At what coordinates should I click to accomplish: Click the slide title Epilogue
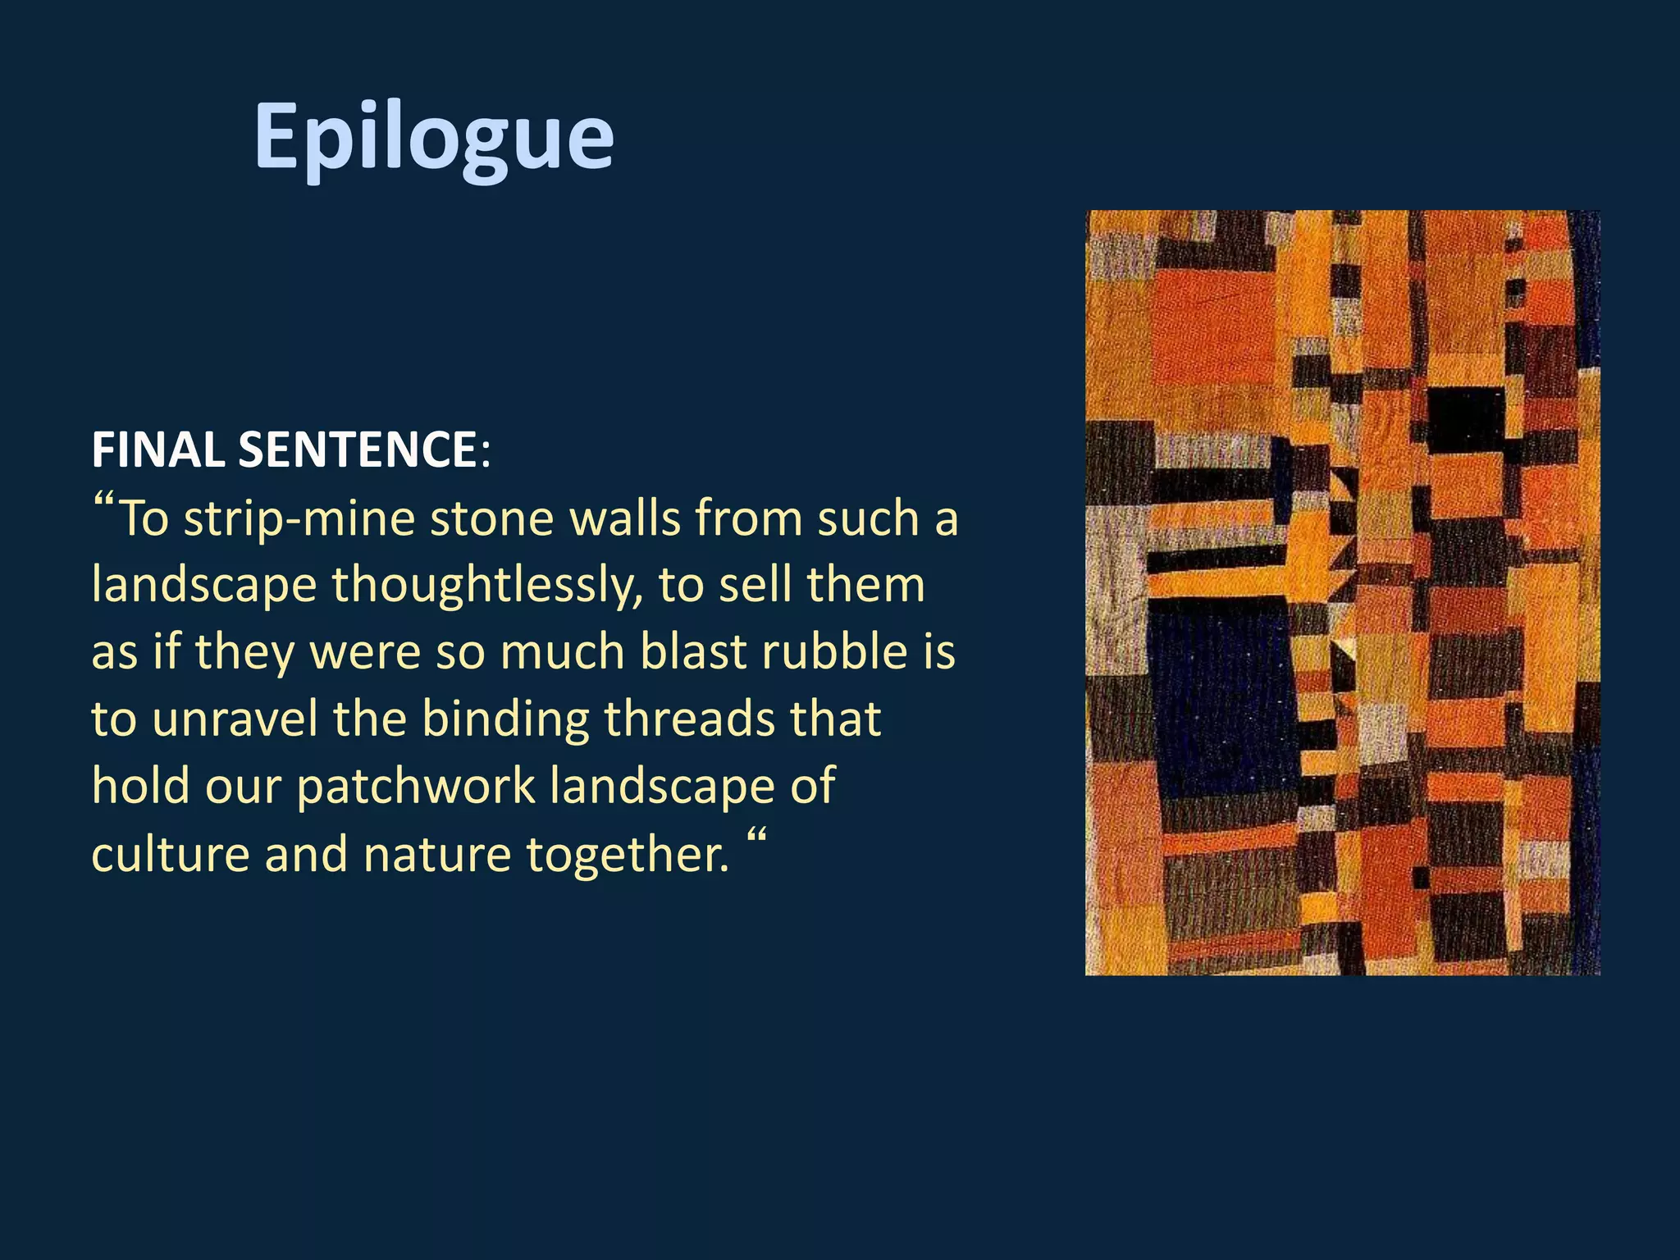point(433,136)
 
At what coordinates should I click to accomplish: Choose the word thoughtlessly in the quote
point(487,586)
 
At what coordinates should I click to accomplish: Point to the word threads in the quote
point(689,719)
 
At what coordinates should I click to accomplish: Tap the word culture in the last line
point(170,854)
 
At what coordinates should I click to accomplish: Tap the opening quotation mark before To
point(103,502)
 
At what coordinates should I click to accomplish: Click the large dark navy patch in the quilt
point(1222,697)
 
